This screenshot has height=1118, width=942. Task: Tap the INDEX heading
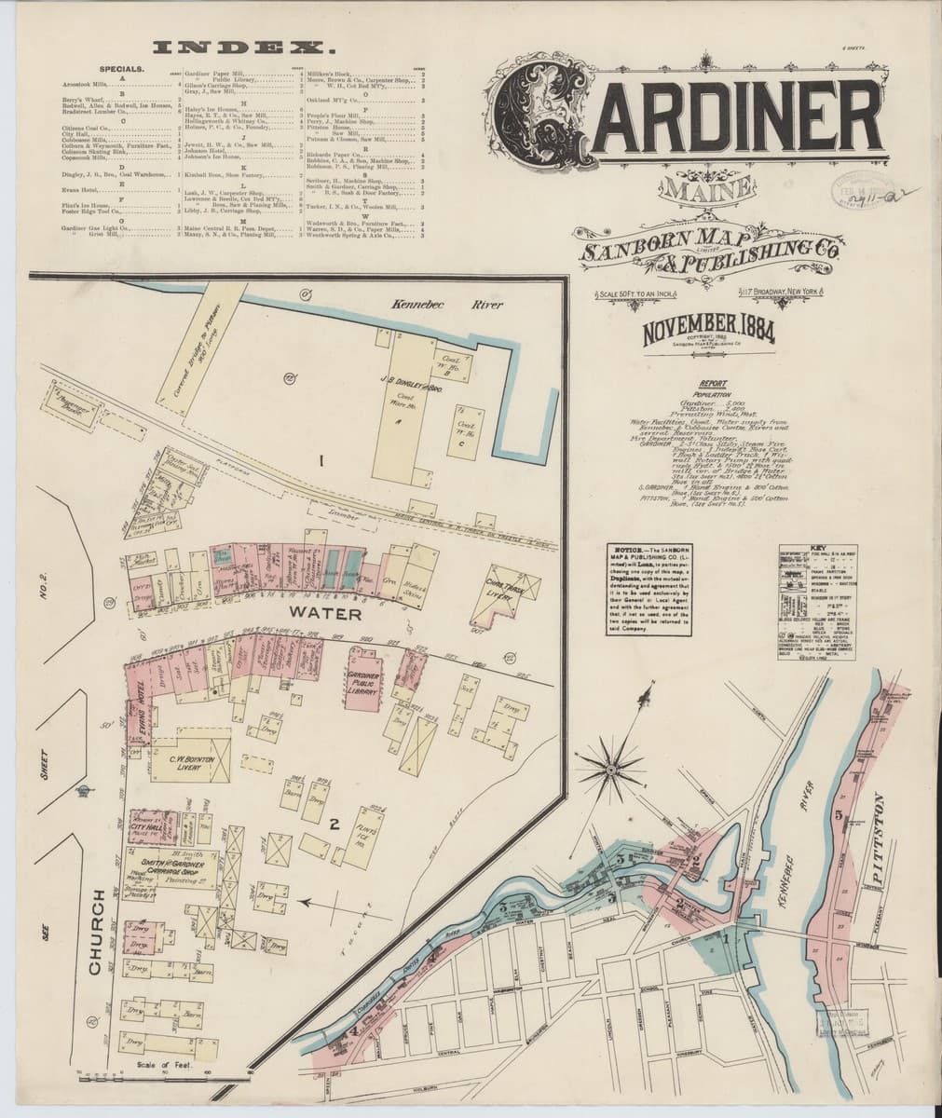(x=244, y=47)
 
